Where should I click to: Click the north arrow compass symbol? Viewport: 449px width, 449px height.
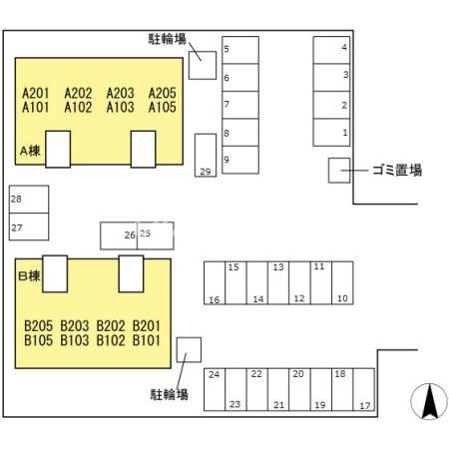[x=429, y=401]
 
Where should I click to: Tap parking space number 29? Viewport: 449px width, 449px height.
[x=206, y=156]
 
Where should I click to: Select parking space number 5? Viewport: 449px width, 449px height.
[x=240, y=50]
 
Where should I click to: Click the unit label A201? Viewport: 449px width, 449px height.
[x=36, y=93]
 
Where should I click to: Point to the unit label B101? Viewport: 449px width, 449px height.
[x=147, y=340]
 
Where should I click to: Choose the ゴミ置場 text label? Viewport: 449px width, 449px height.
[x=397, y=170]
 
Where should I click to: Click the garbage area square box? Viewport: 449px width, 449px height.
[x=339, y=171]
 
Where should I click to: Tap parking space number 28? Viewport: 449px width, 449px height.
[x=29, y=200]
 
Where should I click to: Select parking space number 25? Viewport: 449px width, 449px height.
[x=156, y=235]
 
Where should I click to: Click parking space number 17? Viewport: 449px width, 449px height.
[x=364, y=389]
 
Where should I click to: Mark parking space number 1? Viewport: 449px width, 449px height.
[x=331, y=133]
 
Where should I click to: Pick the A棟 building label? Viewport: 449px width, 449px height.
[x=30, y=151]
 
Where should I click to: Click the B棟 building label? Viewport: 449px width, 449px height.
[x=29, y=276]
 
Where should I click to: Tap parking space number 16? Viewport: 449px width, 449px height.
[x=215, y=283]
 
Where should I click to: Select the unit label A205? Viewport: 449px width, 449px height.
[x=162, y=93]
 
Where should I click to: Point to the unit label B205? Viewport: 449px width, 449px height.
[x=39, y=326]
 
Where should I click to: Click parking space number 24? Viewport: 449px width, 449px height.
[x=215, y=389]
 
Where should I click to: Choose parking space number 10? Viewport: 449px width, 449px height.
[x=342, y=283]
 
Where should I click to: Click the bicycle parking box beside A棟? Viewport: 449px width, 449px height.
[x=203, y=65]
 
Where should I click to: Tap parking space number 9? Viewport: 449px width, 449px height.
[x=240, y=160]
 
